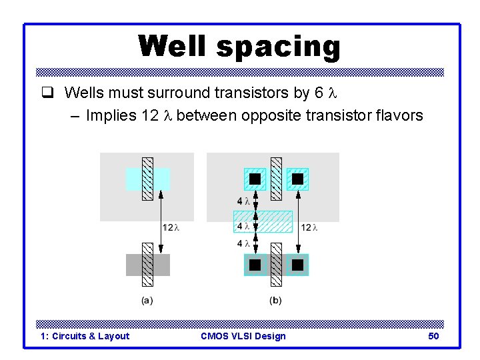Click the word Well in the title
pos(173,47)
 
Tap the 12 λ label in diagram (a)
pos(171,228)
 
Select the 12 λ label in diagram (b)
pos(309,228)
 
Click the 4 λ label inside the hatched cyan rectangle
pos(243,227)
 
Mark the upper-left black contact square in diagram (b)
pos(255,179)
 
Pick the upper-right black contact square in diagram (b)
pos(297,179)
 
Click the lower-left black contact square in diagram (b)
pos(255,265)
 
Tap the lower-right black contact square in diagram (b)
pos(297,265)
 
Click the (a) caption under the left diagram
pos(147,301)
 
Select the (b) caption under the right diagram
pos(275,301)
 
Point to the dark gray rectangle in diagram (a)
pos(133,265)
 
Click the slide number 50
pos(433,336)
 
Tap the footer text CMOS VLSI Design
pos(243,336)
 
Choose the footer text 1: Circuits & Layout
pos(85,336)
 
